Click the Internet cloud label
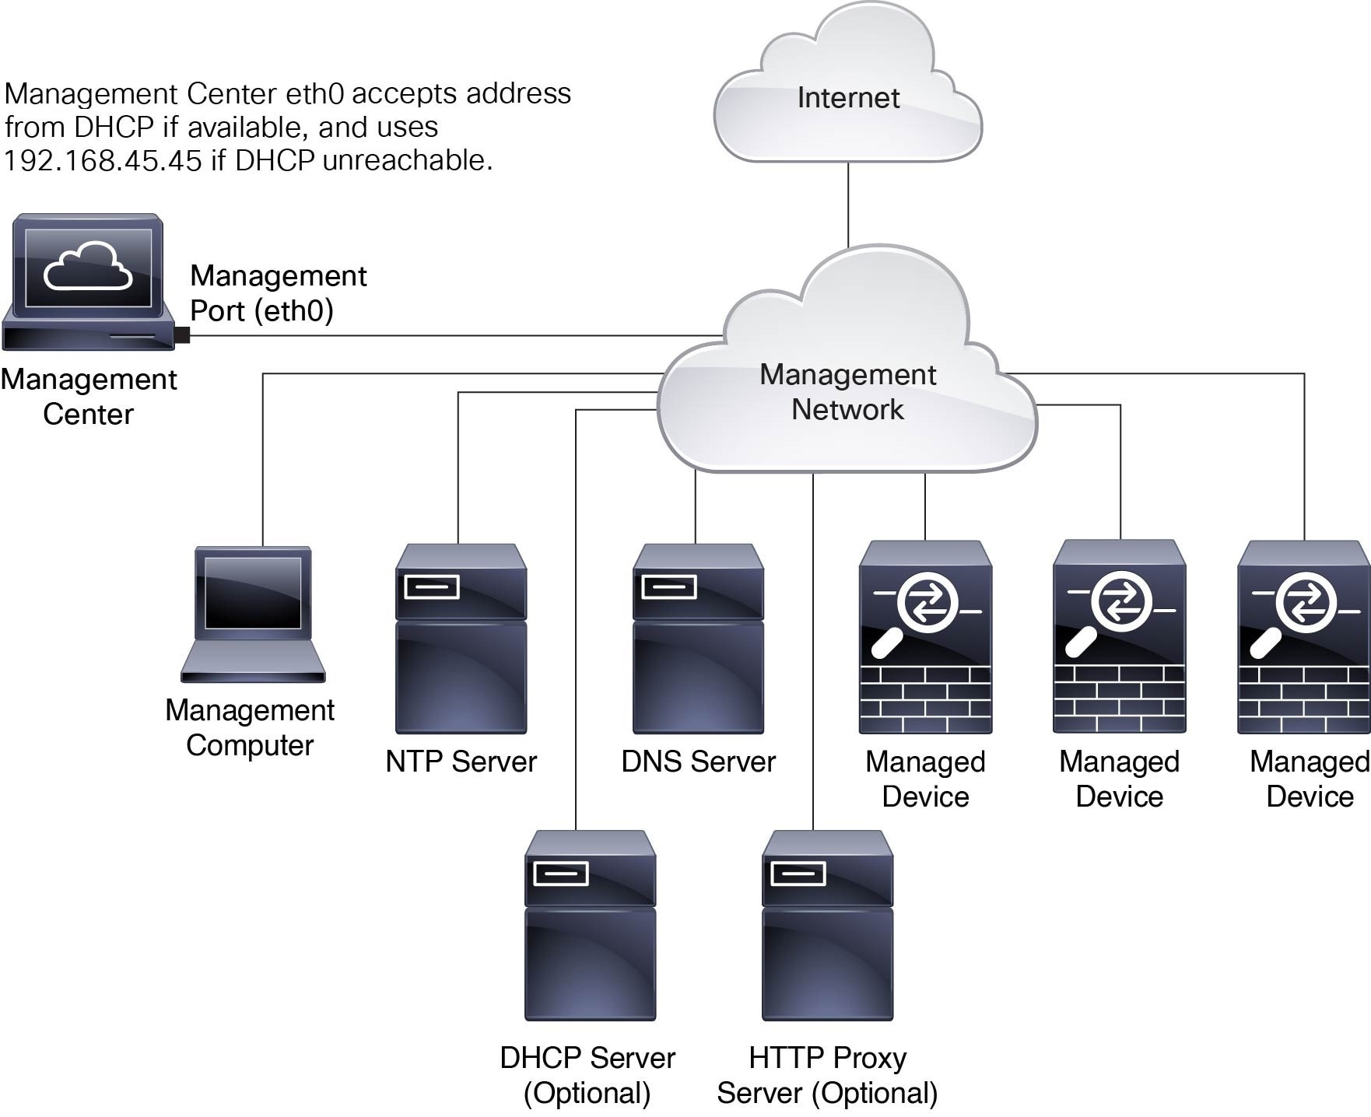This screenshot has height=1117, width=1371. pos(848,98)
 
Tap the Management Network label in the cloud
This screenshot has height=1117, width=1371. pos(847,392)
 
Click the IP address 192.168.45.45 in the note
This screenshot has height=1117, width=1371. pos(103,160)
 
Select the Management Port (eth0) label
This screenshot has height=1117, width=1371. pos(278,293)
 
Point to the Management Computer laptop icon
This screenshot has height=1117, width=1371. pos(253,615)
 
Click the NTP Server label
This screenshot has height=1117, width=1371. pos(461,762)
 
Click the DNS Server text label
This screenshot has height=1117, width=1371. pos(698,762)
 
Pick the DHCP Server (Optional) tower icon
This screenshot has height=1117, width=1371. pos(590,926)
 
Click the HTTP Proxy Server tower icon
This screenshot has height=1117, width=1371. pos(827,926)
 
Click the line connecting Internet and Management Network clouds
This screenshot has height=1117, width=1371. pos(848,204)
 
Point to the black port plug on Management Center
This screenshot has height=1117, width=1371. pos(182,335)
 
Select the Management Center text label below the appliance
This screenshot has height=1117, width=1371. pos(88,397)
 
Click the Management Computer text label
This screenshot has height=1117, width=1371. pos(250,727)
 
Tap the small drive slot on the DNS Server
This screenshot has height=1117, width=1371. pos(668,587)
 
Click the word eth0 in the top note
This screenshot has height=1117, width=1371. pos(314,93)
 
